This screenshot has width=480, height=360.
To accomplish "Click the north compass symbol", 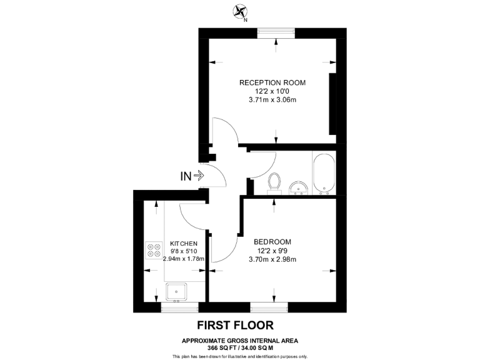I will [240, 11].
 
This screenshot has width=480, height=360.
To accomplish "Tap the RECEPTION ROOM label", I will [272, 82].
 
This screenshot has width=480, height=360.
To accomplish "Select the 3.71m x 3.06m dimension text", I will [272, 101].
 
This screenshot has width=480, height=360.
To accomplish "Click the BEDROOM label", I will [272, 242].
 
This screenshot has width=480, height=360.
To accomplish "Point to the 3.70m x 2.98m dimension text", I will [272, 260].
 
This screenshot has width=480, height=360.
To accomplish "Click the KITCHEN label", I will [184, 244].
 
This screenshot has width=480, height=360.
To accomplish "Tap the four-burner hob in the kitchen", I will [154, 250].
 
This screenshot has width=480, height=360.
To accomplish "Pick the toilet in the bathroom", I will [273, 182].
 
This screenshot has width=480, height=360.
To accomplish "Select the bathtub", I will [323, 173].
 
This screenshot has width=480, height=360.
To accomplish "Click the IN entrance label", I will [186, 176].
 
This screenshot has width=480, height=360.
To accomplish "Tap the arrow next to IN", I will [199, 176].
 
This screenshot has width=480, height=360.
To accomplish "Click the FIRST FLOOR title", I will [235, 325].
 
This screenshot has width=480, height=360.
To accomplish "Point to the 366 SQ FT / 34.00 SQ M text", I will [240, 347].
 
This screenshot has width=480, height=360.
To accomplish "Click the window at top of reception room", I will [276, 33].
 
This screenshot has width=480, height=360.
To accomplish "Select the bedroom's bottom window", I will [269, 306].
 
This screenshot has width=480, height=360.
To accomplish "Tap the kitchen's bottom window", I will [179, 306].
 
